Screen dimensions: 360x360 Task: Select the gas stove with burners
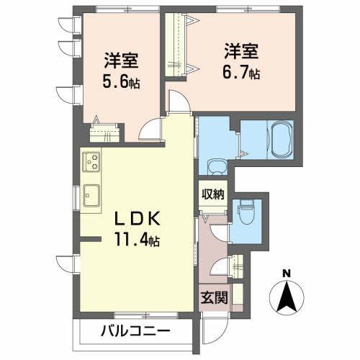click(91, 162)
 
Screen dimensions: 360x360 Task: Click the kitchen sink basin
click(91, 196)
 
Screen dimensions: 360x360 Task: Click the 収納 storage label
click(213, 194)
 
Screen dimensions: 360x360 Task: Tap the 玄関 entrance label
click(214, 298)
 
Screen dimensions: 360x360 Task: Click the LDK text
click(137, 219)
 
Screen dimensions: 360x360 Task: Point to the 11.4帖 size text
click(137, 240)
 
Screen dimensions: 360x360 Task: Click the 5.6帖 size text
click(121, 81)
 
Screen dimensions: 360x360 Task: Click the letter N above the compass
click(286, 274)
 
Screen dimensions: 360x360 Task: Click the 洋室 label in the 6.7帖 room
click(241, 51)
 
